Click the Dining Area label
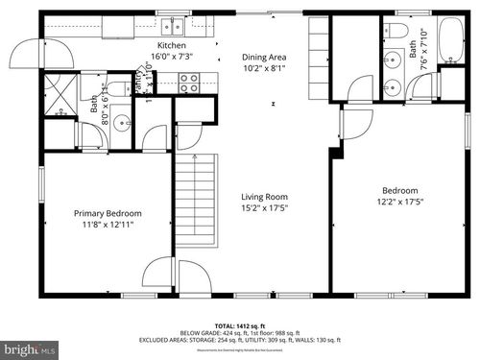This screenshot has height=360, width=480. coord(264,57)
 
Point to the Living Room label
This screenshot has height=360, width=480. coord(264,196)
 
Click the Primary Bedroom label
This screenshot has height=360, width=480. coord(108,213)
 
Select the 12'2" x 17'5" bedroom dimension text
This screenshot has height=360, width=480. coord(400,202)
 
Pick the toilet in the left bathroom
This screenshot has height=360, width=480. coord(116,89)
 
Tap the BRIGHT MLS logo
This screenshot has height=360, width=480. coord(29,348)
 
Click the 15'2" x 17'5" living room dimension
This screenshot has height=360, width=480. coord(264,207)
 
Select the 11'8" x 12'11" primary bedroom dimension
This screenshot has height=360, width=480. coord(108,225)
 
